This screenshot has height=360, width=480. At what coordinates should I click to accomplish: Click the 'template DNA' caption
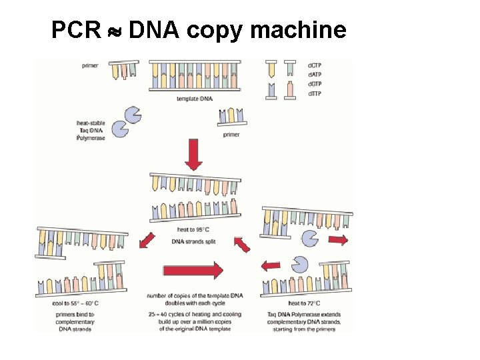coord(195,99)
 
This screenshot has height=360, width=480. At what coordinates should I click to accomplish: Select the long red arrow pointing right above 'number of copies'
coord(193,270)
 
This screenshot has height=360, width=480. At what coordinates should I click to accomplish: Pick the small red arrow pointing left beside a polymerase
coord(270,266)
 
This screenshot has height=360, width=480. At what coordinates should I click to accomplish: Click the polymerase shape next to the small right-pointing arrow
coord(310,237)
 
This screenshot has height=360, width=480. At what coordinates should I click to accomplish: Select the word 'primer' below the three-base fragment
coord(231,135)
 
